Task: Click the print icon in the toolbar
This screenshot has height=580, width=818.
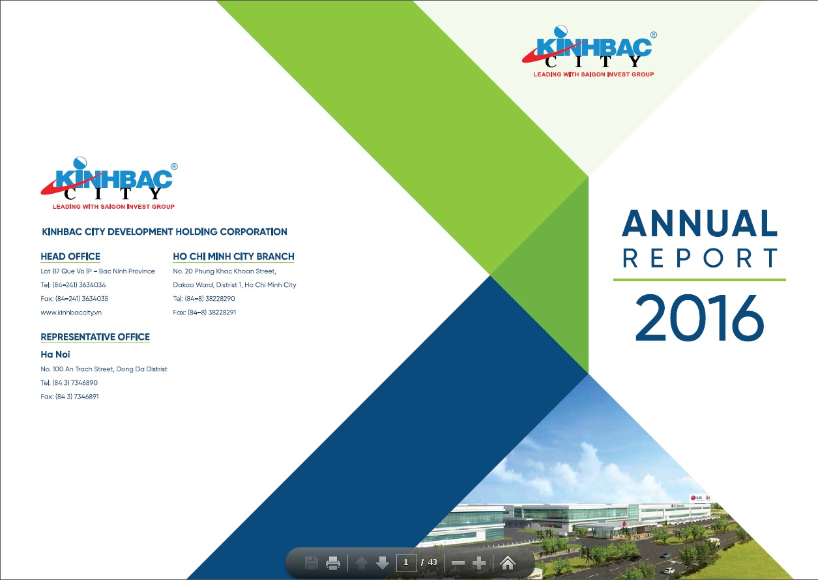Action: point(332,563)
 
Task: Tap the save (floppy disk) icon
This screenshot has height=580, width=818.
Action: point(311,563)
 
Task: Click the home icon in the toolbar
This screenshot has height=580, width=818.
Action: point(507,563)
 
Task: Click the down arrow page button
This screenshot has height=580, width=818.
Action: point(383,563)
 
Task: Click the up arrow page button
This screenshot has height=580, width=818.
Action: point(362,563)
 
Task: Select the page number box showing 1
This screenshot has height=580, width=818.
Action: point(406,562)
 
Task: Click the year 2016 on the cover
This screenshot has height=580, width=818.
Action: point(699,318)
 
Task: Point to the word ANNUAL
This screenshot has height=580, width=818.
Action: point(699,223)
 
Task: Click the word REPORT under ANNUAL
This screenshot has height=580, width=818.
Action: point(700,258)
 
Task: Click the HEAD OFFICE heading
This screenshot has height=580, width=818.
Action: point(70,256)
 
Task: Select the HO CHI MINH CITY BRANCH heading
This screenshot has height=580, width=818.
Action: point(233,256)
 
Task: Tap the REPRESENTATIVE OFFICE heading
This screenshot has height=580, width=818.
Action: point(95,337)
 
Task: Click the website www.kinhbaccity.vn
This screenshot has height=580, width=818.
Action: point(71,313)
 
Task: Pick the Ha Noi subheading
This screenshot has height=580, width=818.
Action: point(55,354)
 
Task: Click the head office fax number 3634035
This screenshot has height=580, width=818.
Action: point(95,299)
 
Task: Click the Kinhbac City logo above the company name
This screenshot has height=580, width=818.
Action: point(110,183)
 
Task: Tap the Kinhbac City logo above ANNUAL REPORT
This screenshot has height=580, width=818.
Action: point(589,52)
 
